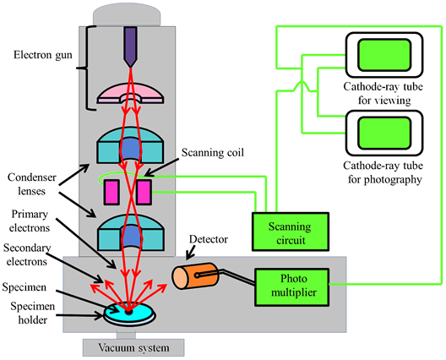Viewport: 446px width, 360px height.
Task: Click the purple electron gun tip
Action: [x=130, y=46]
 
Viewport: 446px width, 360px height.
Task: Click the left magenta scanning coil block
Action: [x=110, y=192]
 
